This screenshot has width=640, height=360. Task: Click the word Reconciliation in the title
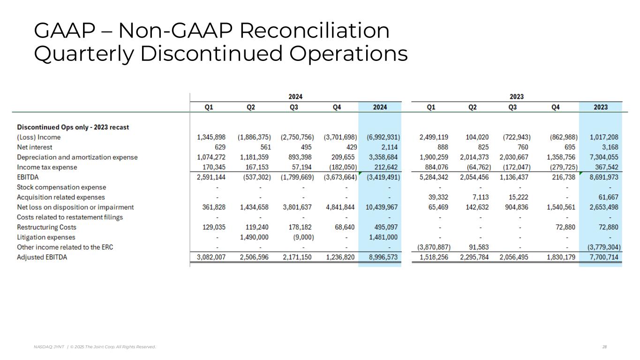pos(314,31)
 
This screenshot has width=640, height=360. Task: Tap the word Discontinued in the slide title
pos(211,53)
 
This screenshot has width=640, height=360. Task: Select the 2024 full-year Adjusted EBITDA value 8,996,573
pos(380,257)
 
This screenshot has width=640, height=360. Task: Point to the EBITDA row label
pos(28,177)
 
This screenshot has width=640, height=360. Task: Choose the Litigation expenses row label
pos(46,237)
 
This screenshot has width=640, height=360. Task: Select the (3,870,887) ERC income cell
pos(434,247)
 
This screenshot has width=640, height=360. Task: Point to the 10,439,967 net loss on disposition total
pos(382,207)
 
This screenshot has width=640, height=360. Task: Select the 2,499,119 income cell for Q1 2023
pos(434,137)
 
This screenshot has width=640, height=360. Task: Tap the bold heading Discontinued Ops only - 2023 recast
pos(73,127)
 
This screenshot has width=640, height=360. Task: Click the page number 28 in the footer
pos(604,347)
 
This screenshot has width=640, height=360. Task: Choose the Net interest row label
pos(35,147)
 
